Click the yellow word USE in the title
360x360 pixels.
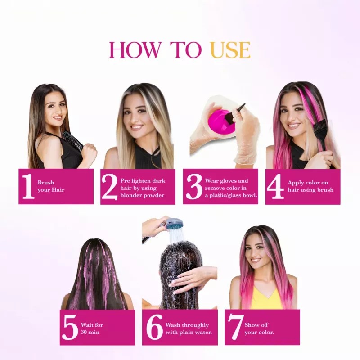(x=230, y=50)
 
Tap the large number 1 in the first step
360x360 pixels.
(x=28, y=186)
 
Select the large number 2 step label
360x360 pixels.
(x=109, y=186)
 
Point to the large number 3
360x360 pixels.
(x=193, y=186)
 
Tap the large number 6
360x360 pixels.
(x=154, y=327)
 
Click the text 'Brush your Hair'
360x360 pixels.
(x=51, y=186)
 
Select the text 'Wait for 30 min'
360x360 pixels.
(x=92, y=328)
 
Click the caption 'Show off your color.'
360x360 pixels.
(x=259, y=328)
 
